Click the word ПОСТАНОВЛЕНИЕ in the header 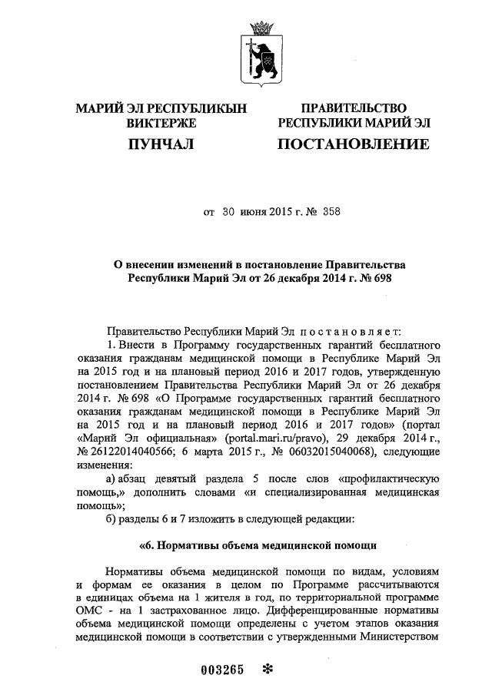click(x=353, y=144)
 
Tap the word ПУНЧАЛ click(x=161, y=144)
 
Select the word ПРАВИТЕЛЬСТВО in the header click(x=353, y=108)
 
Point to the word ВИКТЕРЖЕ click(x=161, y=122)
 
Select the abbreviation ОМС click(x=91, y=609)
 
